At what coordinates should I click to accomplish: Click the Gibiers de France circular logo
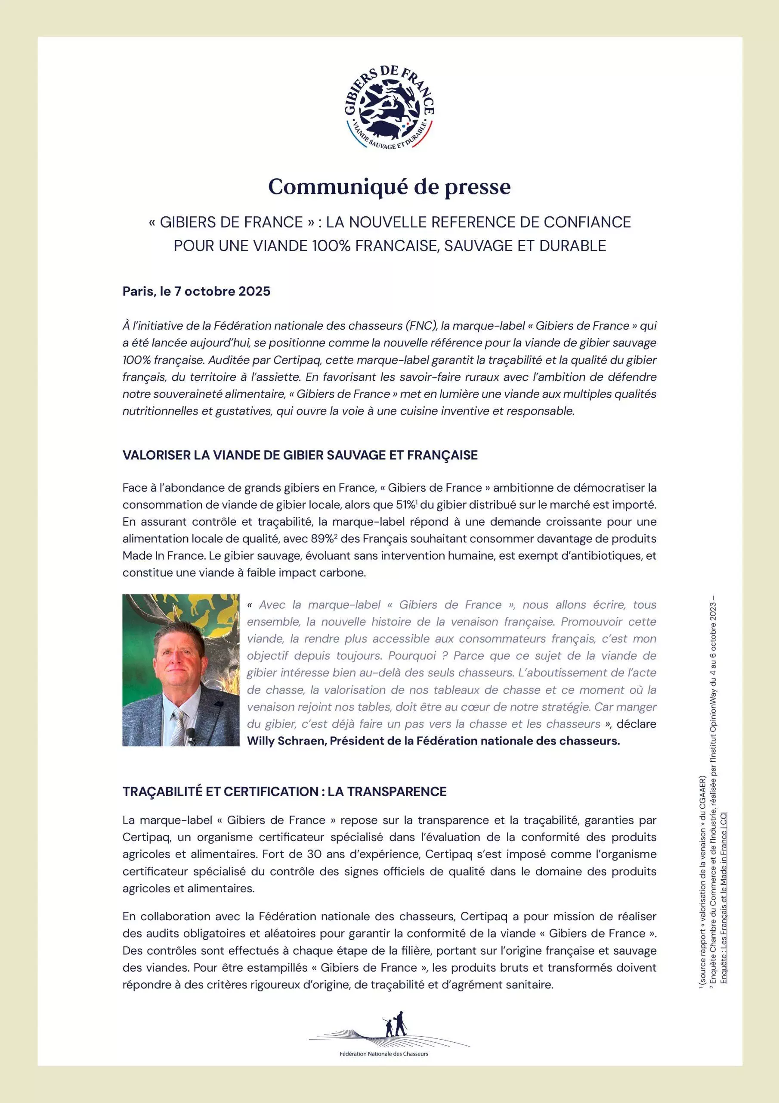[389, 108]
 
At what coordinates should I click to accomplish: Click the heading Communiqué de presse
[389, 187]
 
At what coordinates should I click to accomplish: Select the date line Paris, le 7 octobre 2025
[196, 292]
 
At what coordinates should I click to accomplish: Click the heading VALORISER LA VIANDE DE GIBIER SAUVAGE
[300, 455]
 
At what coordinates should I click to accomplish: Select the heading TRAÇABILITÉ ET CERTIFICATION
[284, 791]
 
